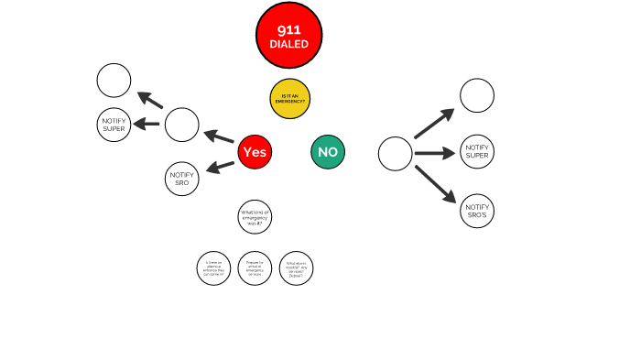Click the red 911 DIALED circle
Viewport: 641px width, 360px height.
pos(288,36)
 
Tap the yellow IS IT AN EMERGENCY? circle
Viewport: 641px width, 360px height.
pos(290,99)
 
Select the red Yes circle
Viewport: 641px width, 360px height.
pos(255,152)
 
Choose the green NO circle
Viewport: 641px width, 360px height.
pos(328,152)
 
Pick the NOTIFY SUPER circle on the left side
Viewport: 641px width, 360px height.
pos(114,124)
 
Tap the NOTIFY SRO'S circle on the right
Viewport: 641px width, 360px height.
pos(477,211)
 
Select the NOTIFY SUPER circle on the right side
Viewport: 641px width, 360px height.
pos(477,151)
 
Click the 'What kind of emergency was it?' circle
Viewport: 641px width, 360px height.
pos(255,217)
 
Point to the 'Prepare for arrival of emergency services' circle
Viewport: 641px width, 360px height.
pos(255,267)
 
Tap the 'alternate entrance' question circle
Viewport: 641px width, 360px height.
pos(213,267)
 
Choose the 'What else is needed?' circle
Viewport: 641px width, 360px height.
pos(296,267)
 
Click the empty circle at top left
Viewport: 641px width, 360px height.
pos(114,81)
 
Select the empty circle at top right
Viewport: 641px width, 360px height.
pos(477,95)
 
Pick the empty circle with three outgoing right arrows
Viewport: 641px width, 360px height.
pos(396,153)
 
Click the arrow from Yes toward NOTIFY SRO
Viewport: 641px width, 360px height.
pos(220,167)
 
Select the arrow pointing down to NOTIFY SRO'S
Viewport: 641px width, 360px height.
pos(436,183)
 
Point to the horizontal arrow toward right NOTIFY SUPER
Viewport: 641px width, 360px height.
pos(435,153)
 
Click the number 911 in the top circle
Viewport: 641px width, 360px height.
pos(288,29)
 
